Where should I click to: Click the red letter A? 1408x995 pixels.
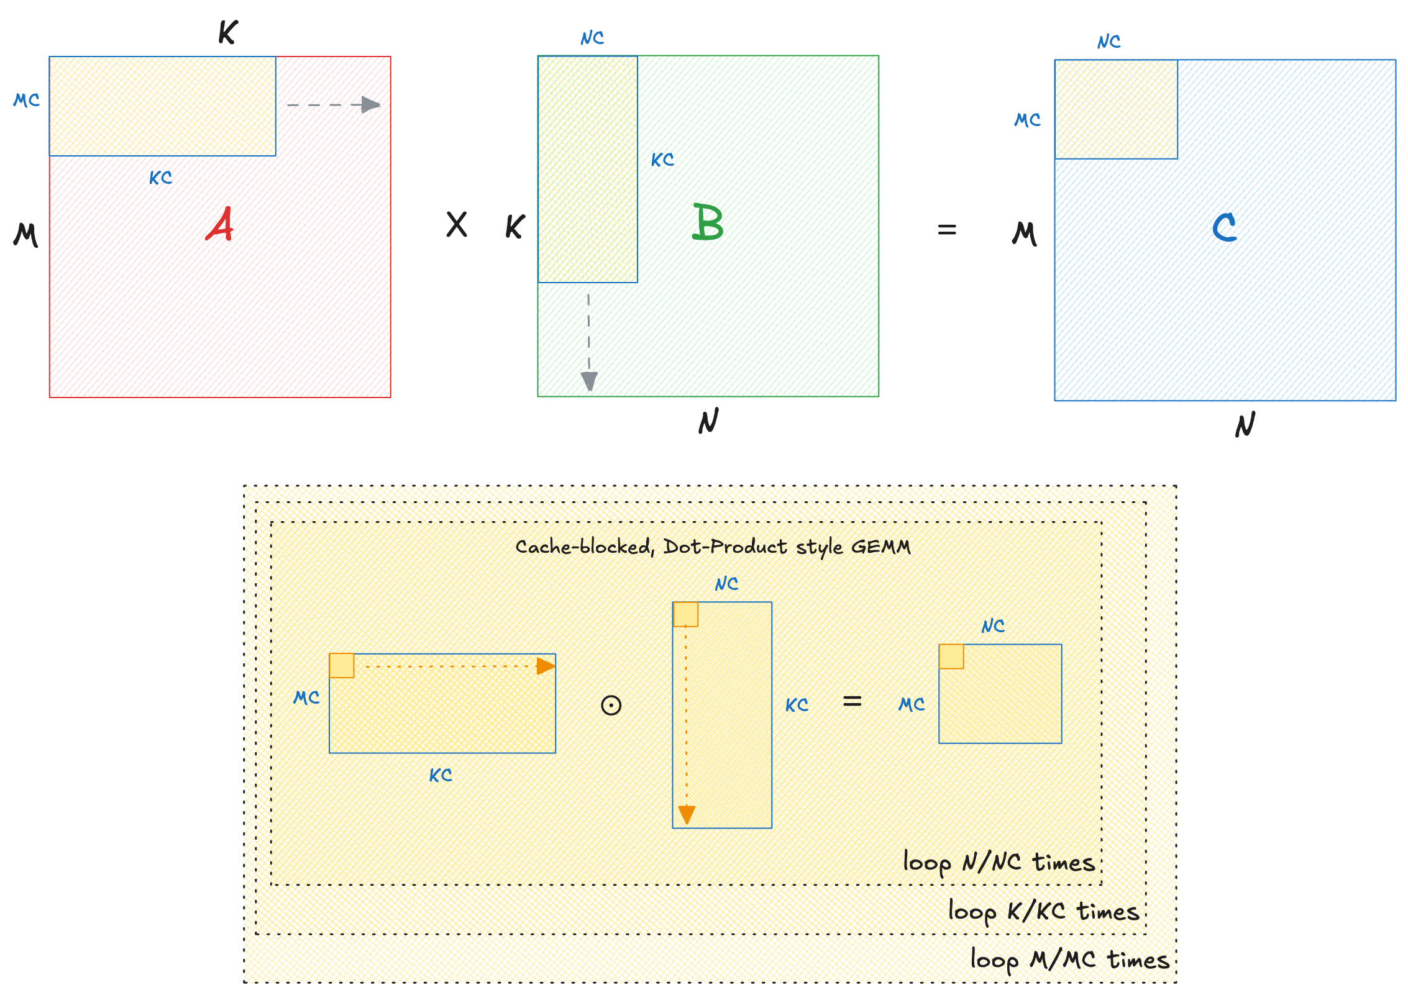pyautogui.click(x=220, y=224)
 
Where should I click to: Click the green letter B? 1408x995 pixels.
pyautogui.click(x=708, y=222)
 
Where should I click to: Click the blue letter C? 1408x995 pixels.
pyautogui.click(x=1224, y=227)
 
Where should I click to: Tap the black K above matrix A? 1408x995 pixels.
pyautogui.click(x=228, y=32)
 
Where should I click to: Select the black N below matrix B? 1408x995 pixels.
pyautogui.click(x=708, y=421)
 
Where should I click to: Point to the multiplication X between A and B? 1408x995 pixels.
pyautogui.click(x=457, y=224)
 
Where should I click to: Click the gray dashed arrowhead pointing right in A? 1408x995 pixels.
pyautogui.click(x=371, y=104)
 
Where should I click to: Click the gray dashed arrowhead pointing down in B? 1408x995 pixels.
pyautogui.click(x=589, y=381)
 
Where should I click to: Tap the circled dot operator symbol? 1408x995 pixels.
pyautogui.click(x=611, y=706)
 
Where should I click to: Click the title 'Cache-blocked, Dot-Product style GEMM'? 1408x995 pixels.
pyautogui.click(x=713, y=547)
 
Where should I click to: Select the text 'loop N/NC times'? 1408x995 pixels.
pyautogui.click(x=999, y=863)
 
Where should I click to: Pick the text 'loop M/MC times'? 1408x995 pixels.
pyautogui.click(x=1069, y=960)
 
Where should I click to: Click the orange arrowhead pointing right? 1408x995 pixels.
pyautogui.click(x=546, y=666)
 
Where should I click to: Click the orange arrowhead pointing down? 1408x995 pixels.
pyautogui.click(x=687, y=814)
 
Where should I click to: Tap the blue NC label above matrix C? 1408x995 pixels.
pyautogui.click(x=1109, y=42)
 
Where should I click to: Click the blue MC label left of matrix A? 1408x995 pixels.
pyautogui.click(x=27, y=100)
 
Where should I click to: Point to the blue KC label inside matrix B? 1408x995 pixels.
pyautogui.click(x=662, y=160)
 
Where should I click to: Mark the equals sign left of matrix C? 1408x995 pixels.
pyautogui.click(x=947, y=230)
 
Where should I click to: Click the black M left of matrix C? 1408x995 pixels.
pyautogui.click(x=1025, y=234)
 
